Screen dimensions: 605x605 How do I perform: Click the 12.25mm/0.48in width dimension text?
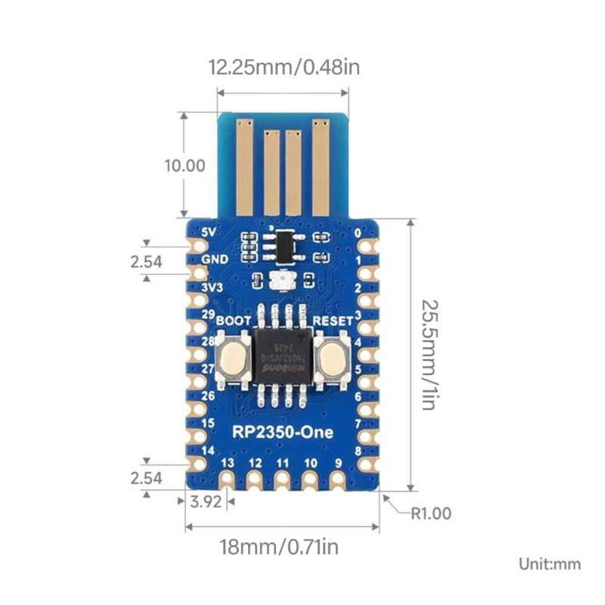click(284, 68)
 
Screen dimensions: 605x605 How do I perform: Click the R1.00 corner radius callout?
click(430, 513)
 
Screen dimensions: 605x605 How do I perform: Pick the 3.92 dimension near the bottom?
click(206, 501)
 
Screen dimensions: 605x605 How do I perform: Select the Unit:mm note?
click(549, 563)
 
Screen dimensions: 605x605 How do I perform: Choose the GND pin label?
click(216, 260)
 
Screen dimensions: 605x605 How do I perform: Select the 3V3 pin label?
click(213, 288)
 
